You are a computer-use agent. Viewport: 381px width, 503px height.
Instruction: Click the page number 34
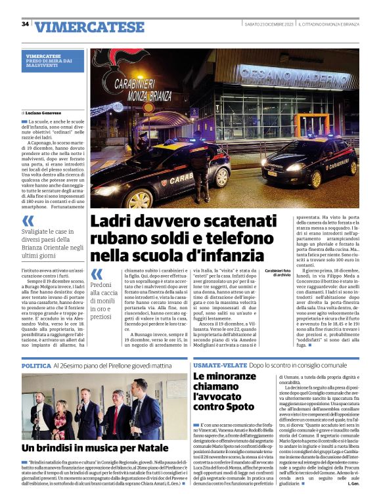[26, 24]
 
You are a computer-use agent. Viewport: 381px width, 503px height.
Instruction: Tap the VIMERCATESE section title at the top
[89, 27]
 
